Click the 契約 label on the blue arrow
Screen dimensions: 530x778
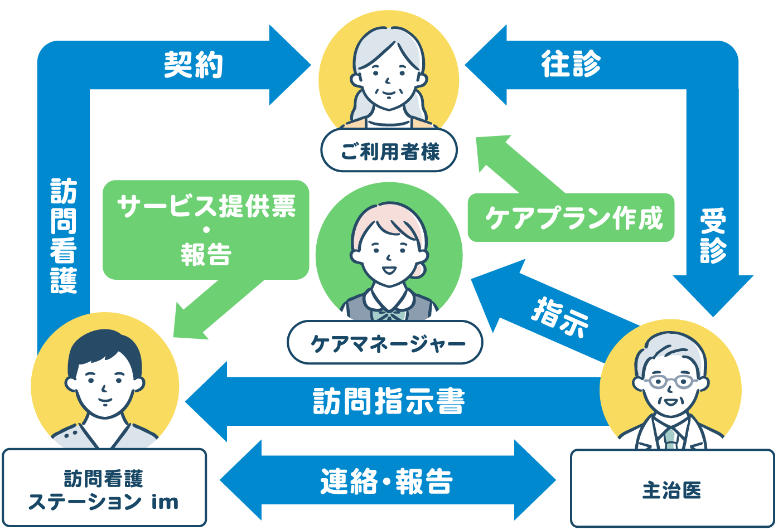(194, 65)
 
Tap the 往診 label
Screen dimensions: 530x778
(571, 64)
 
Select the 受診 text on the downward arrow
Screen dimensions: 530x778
(713, 236)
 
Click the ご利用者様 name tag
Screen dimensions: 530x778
(389, 151)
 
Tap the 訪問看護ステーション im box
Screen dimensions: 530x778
(104, 489)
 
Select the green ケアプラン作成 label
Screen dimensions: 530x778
(572, 218)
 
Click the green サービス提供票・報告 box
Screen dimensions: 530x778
(206, 230)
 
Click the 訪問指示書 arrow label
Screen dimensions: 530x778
(389, 401)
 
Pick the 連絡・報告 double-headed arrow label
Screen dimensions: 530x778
(386, 482)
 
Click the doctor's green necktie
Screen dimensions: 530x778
(670, 438)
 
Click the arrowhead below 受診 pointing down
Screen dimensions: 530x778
(713, 295)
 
